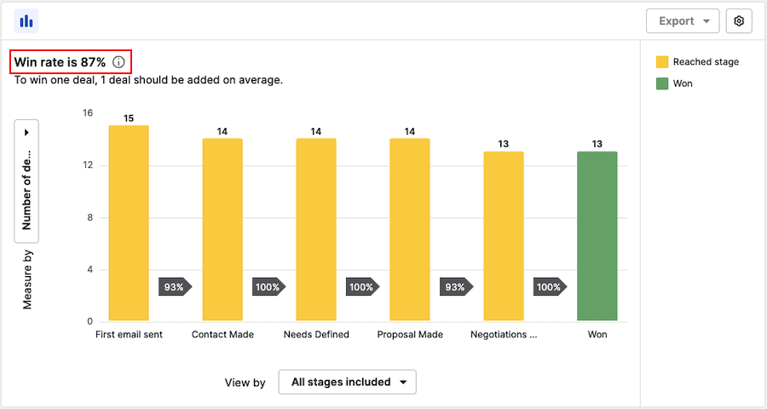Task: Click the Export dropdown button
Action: [683, 21]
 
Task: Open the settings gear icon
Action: [739, 21]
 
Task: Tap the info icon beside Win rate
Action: [118, 62]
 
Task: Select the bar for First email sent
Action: [129, 223]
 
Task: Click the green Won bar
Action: [597, 236]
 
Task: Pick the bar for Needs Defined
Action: [316, 230]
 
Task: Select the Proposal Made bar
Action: [410, 230]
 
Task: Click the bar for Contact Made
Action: [222, 230]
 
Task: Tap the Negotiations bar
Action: [504, 236]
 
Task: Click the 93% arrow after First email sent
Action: [175, 287]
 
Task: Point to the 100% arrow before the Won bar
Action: [550, 287]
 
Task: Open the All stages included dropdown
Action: [347, 382]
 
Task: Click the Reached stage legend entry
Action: [697, 62]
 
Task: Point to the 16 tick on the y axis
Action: [87, 112]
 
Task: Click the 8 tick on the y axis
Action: [89, 217]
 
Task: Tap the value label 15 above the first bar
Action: [129, 118]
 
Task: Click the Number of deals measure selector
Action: [26, 181]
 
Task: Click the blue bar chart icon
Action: [26, 21]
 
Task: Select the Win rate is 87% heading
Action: [60, 62]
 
